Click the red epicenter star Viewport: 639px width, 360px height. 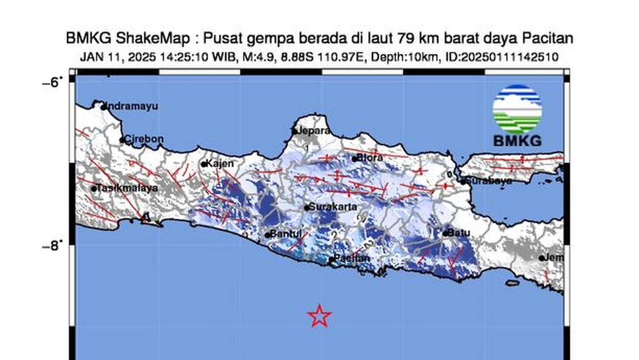coord(319,316)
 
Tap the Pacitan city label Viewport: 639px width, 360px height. coord(352,258)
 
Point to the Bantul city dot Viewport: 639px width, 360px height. coord(267,235)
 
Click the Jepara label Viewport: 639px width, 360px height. coord(314,130)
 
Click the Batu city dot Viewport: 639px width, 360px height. coord(445,233)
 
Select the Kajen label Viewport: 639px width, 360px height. coord(220,163)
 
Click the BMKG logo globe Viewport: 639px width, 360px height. coord(517,109)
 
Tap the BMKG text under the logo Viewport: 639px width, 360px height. coord(517,141)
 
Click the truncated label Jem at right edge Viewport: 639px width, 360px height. coord(555,258)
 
